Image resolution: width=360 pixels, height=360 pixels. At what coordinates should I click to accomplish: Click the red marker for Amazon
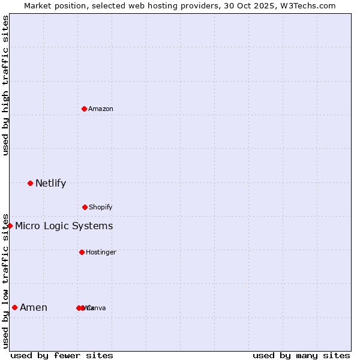pos(84,109)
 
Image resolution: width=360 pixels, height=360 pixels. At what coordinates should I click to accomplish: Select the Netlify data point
pos(30,183)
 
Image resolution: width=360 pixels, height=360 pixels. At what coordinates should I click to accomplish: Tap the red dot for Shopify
pos(85,207)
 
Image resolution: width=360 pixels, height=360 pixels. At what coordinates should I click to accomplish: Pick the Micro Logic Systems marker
pos(10,226)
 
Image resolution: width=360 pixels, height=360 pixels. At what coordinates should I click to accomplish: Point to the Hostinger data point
pos(82,252)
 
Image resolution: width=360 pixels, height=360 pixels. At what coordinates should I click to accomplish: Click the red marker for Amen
pos(14,307)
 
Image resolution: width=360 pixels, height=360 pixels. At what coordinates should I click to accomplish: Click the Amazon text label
pos(101,109)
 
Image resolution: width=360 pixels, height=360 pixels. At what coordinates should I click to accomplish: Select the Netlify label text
pos(50,183)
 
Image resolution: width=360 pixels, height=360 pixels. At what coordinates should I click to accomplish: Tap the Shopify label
pos(101,207)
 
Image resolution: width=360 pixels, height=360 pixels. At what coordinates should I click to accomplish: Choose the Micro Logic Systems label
pos(64,226)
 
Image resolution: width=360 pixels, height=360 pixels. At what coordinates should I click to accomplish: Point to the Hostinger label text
pos(101,252)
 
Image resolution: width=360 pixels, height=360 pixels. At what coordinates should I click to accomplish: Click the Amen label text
pos(34,307)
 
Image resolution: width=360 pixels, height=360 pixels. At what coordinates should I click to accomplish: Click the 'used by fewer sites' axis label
pos(62,355)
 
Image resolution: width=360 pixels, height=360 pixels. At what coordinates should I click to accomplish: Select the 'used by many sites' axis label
pos(301,355)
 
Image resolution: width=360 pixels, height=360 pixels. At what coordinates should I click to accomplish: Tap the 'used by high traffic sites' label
pos(5,85)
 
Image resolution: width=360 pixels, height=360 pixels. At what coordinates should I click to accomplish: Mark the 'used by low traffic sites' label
pos(5,280)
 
